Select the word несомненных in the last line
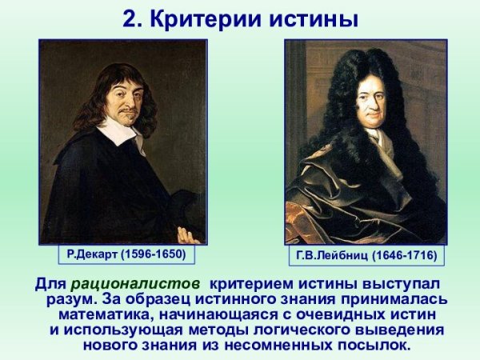coord(270,346)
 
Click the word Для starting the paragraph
coord(50,284)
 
